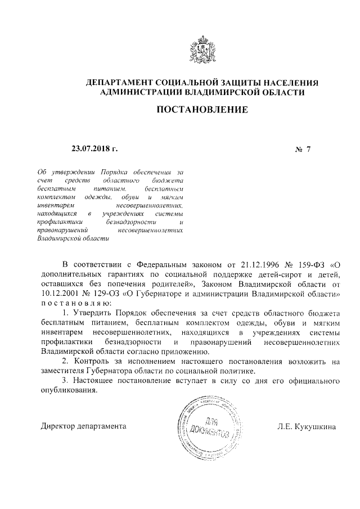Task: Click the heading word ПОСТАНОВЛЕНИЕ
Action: point(201,110)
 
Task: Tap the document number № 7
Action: point(303,150)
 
